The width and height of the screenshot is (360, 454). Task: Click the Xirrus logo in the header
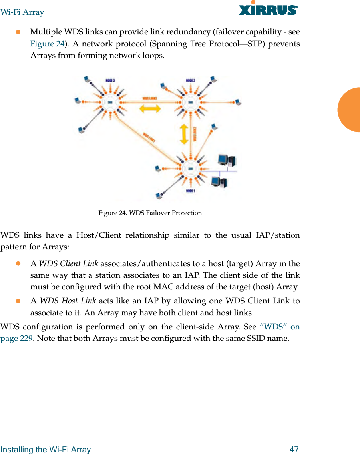[x=268, y=9]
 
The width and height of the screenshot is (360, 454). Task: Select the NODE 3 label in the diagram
[x=110, y=81]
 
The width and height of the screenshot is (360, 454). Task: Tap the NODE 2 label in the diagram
[x=190, y=80]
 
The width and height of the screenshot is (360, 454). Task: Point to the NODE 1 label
[x=190, y=191]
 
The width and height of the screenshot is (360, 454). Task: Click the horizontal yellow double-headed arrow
[x=150, y=108]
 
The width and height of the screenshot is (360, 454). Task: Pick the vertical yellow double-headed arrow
[x=184, y=134]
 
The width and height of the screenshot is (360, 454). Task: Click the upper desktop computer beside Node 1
[x=226, y=161]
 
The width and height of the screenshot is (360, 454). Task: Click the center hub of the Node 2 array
[x=191, y=102]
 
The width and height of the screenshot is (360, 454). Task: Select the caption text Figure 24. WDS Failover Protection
[x=150, y=213]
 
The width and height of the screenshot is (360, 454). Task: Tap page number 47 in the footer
[x=294, y=450]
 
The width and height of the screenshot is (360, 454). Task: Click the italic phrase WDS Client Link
[x=68, y=264]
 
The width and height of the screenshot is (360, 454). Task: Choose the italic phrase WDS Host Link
[x=68, y=301]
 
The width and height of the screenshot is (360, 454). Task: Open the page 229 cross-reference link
[x=16, y=339]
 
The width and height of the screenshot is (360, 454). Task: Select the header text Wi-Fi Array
[x=22, y=12]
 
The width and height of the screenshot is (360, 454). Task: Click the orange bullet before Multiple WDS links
[x=18, y=32]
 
